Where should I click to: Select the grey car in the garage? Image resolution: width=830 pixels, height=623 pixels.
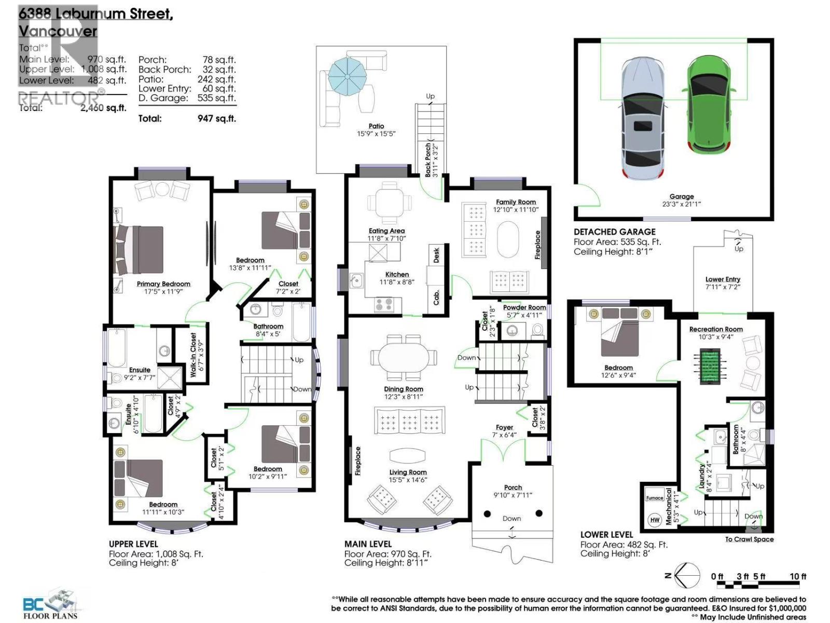pos(643,117)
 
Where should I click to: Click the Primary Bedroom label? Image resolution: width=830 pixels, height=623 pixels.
pos(163,284)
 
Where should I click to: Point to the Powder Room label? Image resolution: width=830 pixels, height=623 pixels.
pos(524,307)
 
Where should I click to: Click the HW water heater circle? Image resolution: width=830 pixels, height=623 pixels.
pos(655,519)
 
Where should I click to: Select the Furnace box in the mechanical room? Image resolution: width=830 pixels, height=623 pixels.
pos(655,497)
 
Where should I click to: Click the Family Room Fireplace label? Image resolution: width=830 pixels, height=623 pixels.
pos(537,245)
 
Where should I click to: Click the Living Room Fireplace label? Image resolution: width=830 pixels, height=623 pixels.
pos(358,461)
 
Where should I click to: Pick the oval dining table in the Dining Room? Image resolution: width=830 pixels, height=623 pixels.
pos(403,358)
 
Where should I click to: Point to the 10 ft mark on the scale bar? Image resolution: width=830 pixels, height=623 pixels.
pos(798,577)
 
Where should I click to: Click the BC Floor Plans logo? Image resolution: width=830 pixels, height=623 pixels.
pos(50,605)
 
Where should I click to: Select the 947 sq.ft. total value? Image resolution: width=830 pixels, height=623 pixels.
pos(216,118)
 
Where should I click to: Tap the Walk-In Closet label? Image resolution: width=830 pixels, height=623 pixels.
pos(193,355)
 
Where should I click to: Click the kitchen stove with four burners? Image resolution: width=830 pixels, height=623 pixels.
pos(384,304)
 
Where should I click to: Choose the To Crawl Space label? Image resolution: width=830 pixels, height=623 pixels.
pos(749,539)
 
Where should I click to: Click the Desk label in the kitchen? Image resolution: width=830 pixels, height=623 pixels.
pos(436,254)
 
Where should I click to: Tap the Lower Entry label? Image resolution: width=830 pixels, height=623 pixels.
pos(723,279)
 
